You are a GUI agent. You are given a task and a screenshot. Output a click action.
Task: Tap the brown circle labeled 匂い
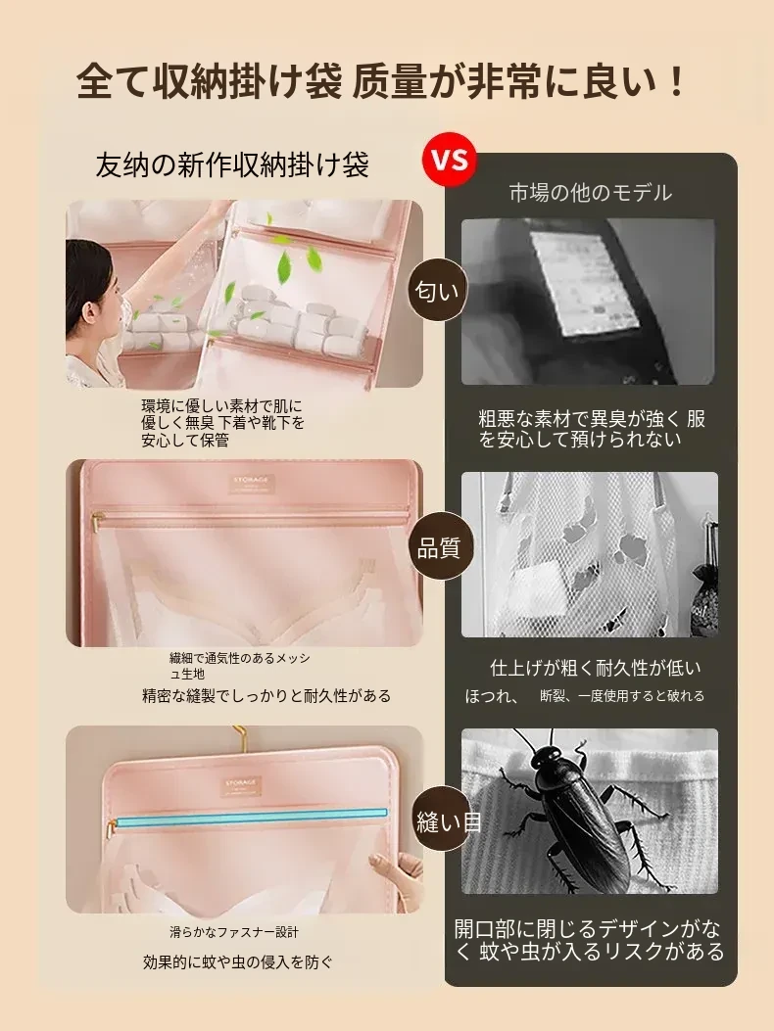tap(437, 290)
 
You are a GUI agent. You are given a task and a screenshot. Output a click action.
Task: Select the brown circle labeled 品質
tap(438, 547)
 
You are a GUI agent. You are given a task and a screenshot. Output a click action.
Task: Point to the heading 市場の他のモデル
tap(591, 193)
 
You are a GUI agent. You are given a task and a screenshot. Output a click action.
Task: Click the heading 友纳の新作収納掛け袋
tap(231, 164)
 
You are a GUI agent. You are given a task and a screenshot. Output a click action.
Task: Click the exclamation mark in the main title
tap(675, 81)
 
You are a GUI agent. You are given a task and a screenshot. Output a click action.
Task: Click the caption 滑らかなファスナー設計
tap(234, 932)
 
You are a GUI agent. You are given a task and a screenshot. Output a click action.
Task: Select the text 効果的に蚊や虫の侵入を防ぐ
tap(238, 961)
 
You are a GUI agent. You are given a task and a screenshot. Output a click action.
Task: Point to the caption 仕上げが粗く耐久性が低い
tap(596, 668)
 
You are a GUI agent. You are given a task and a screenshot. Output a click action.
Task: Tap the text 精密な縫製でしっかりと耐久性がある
tap(266, 696)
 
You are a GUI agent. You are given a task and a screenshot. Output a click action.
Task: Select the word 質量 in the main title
tap(389, 81)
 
